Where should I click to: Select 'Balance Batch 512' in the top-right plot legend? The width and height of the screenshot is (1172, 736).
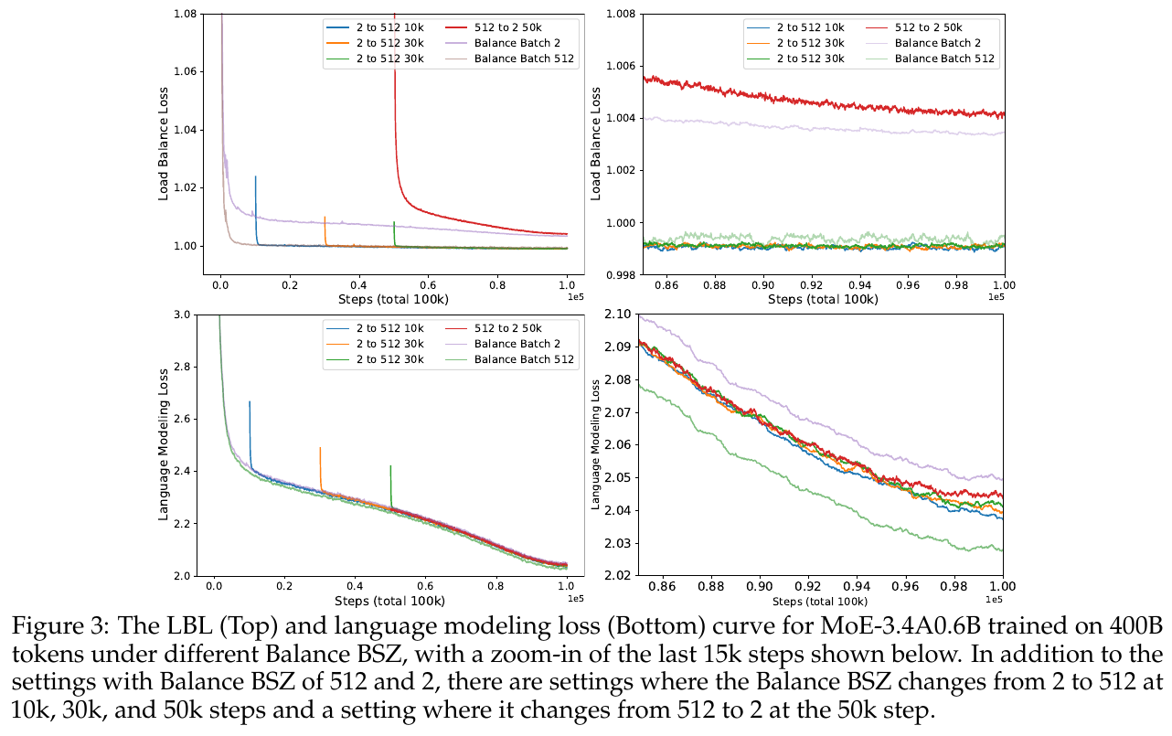point(945,59)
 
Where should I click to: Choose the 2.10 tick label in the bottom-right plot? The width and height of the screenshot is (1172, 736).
point(618,315)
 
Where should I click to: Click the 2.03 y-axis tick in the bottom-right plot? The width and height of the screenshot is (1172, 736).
point(618,543)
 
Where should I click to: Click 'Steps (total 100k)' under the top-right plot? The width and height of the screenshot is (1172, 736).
point(823,299)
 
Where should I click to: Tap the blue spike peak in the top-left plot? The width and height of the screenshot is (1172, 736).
point(255,176)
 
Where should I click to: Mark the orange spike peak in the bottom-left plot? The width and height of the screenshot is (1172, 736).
point(320,447)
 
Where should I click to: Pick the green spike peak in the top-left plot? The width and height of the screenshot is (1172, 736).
point(394,222)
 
